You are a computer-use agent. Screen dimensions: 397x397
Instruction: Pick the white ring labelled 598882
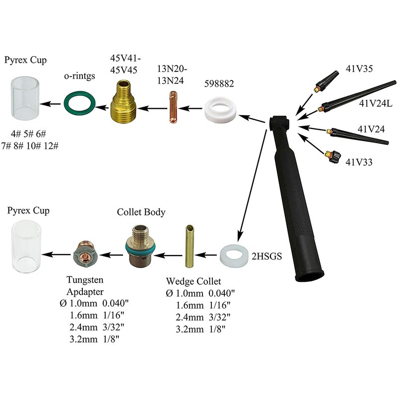[x=220, y=111]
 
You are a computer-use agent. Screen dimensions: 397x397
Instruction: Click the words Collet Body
[x=141, y=212]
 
